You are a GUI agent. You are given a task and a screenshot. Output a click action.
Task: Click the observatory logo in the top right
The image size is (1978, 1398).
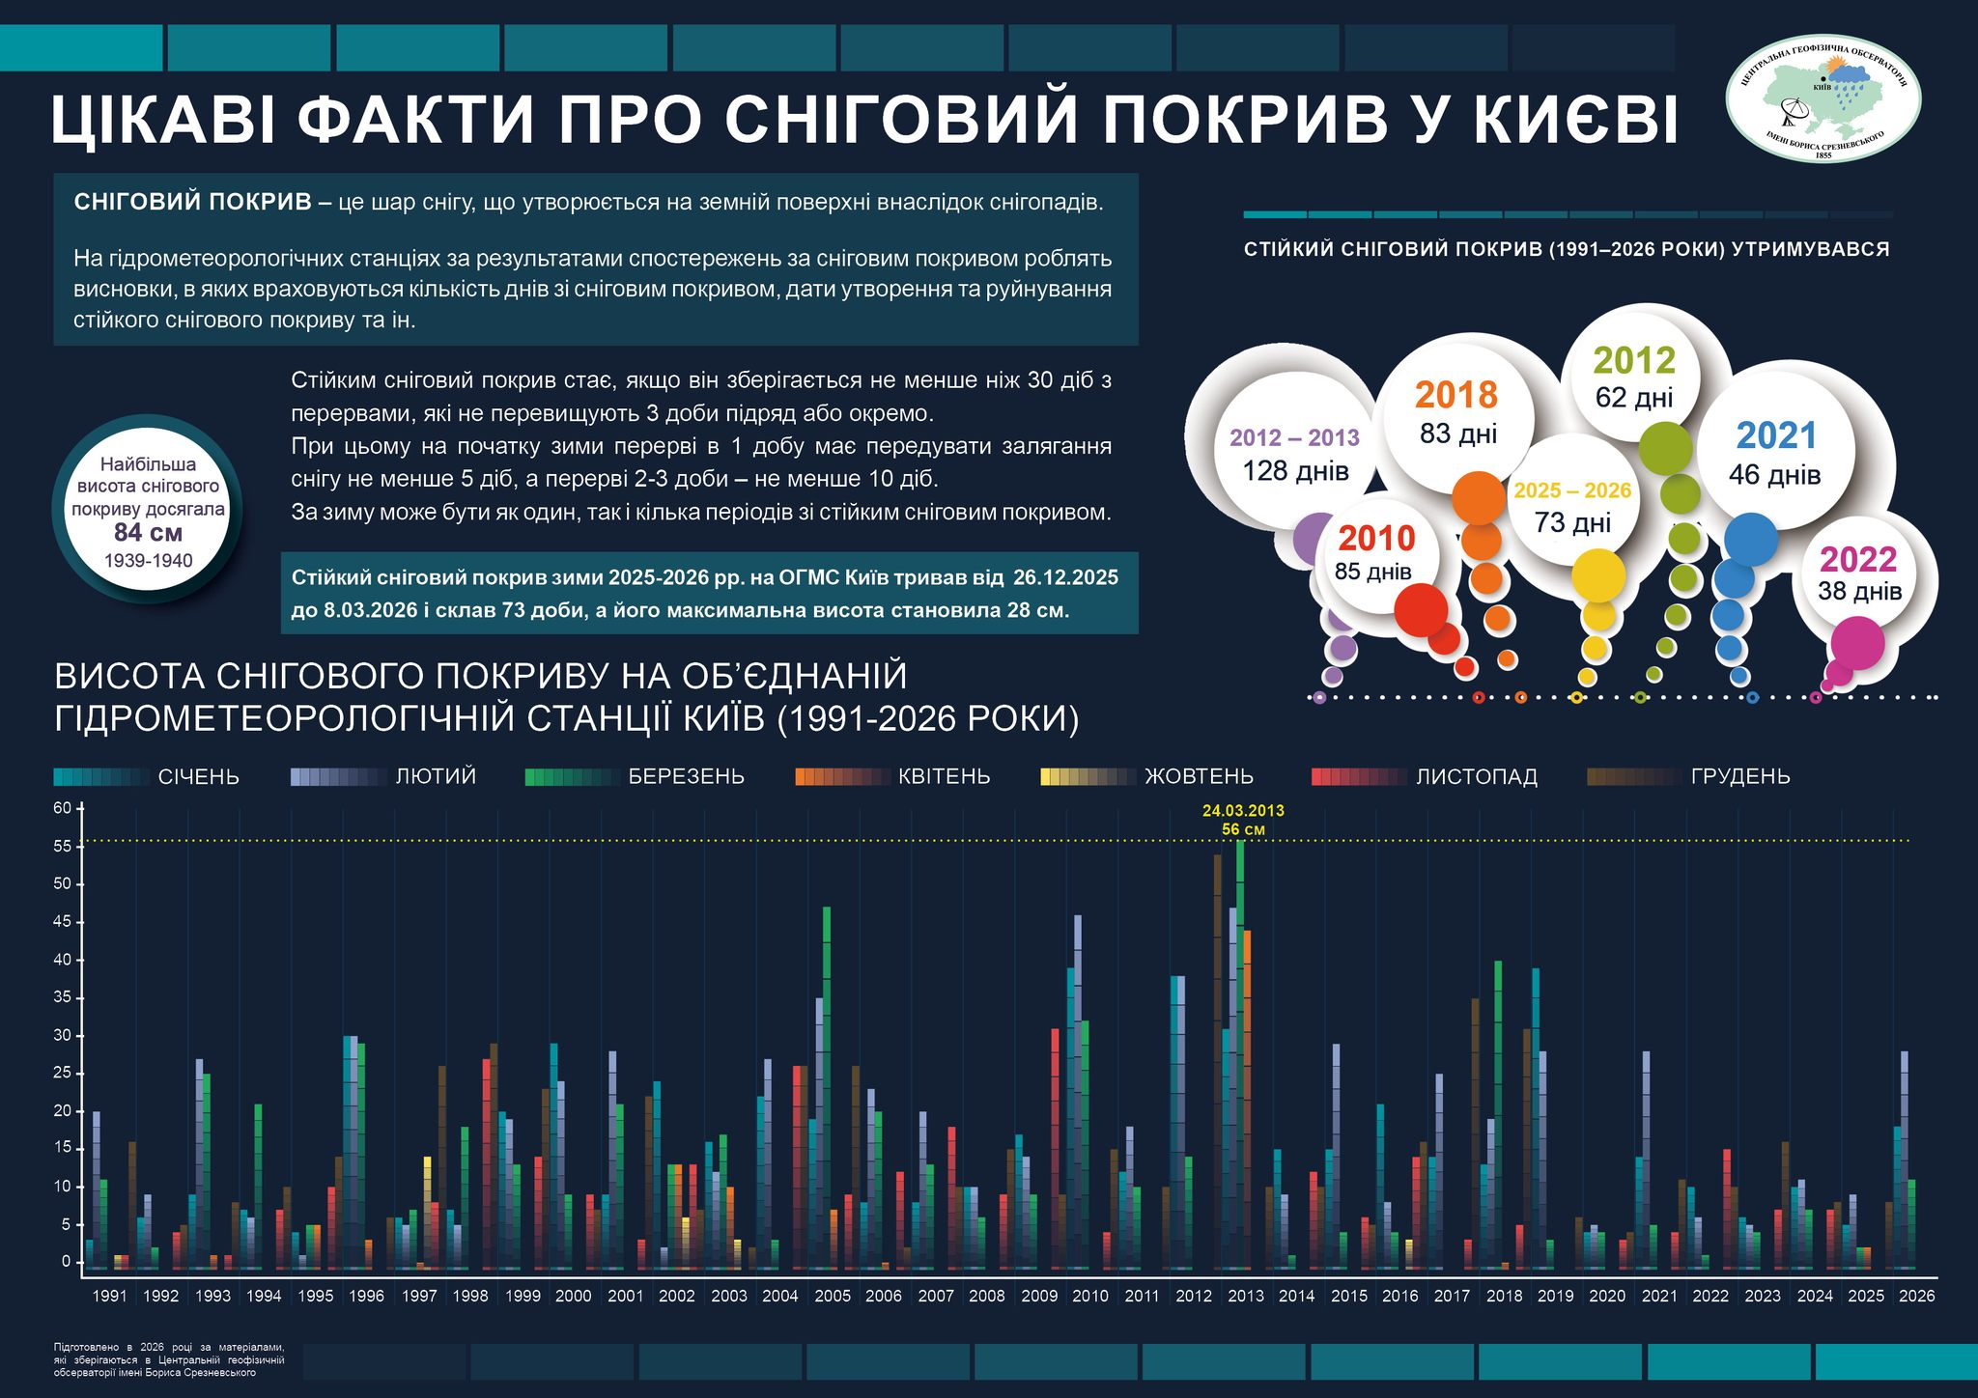tap(1823, 98)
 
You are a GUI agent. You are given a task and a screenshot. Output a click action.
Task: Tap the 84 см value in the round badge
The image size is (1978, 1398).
tap(148, 532)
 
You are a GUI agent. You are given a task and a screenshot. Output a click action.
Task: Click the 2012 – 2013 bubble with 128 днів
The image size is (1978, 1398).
tap(1294, 454)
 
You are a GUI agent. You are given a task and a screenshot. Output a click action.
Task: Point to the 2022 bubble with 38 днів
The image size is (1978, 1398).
tap(1859, 573)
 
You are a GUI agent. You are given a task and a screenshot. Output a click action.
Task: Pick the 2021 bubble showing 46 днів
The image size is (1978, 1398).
tap(1775, 453)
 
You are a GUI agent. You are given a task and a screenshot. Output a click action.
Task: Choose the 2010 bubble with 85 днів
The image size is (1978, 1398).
tap(1375, 552)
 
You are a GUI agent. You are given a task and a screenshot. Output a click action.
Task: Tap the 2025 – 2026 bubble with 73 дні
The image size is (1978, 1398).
tap(1572, 506)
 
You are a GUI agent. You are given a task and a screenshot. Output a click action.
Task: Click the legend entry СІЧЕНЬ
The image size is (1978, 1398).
tap(198, 777)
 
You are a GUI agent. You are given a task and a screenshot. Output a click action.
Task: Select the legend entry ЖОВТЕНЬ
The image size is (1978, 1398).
tap(1198, 777)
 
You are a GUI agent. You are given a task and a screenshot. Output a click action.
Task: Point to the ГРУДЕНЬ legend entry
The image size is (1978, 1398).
tap(1739, 777)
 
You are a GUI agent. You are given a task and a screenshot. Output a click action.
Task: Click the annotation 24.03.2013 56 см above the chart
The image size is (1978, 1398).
tap(1243, 820)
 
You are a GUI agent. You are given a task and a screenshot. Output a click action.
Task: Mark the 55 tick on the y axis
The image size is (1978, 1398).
tap(63, 847)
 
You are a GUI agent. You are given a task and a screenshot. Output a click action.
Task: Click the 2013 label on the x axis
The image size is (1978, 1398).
tap(1245, 1296)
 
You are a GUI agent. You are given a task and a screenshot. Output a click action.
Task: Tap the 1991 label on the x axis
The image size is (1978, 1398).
tap(109, 1296)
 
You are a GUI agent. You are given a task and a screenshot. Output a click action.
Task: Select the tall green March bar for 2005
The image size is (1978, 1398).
tap(827, 1062)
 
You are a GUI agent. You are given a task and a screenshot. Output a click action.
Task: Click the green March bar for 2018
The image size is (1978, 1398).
tap(1498, 1110)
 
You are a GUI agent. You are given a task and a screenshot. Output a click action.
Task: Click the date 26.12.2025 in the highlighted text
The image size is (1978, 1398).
tap(1065, 577)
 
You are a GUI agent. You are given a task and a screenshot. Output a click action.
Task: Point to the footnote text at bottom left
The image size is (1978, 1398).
tap(169, 1359)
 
